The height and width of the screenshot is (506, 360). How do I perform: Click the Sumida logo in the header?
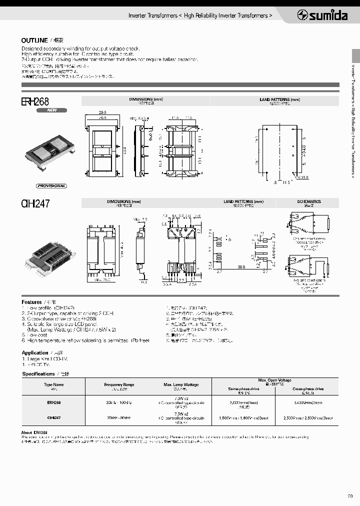click(x=322, y=15)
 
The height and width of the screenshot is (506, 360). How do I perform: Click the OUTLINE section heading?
click(x=34, y=40)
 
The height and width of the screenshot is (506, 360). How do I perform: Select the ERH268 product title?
click(x=35, y=101)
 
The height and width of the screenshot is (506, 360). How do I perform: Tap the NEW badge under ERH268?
click(x=51, y=110)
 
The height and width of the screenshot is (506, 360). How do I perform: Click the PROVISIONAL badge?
click(x=51, y=185)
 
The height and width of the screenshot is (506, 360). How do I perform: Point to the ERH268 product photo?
click(x=50, y=150)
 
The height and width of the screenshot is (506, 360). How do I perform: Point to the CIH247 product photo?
click(x=50, y=254)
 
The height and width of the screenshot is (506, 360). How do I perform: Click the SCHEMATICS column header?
click(x=309, y=201)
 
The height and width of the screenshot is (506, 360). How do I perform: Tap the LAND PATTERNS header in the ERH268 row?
click(x=279, y=100)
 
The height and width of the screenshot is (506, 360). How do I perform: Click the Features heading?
click(x=31, y=302)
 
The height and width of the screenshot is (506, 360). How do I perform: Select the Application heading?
click(x=34, y=352)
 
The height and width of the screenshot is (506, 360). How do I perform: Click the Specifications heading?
click(x=38, y=373)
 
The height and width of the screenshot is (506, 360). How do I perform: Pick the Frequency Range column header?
click(x=119, y=384)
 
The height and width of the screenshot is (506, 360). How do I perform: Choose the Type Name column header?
click(x=54, y=384)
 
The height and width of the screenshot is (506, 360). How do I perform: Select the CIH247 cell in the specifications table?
click(x=54, y=417)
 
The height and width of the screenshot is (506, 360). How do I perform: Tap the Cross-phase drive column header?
click(x=307, y=388)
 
